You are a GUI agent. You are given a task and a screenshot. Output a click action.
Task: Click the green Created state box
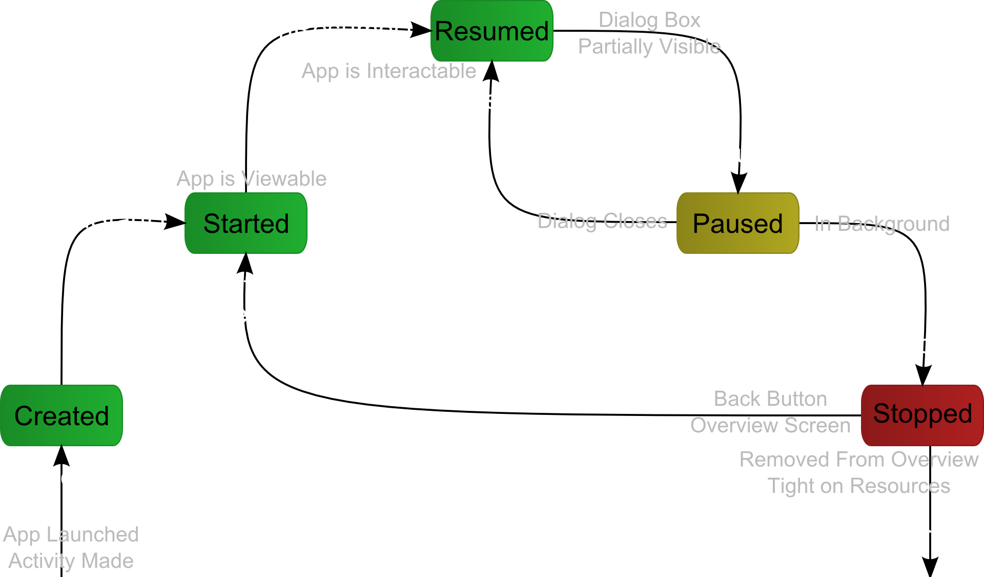(x=61, y=415)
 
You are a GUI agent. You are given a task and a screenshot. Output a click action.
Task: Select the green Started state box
(x=246, y=223)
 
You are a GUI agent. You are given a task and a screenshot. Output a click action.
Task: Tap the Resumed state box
(x=492, y=31)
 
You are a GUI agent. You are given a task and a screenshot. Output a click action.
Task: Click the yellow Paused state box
(x=738, y=223)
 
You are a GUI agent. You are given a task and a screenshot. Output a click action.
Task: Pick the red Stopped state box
(x=922, y=414)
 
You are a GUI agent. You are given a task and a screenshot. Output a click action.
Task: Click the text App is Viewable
(x=251, y=178)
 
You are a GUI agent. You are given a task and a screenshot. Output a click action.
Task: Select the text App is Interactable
(x=388, y=71)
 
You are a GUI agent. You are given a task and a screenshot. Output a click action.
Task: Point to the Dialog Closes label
(x=602, y=221)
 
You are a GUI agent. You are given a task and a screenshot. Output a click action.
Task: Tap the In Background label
(x=882, y=224)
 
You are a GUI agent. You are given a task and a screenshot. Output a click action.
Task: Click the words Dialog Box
(x=649, y=20)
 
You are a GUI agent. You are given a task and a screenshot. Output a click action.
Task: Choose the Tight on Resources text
(x=859, y=486)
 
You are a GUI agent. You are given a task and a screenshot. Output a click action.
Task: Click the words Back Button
(x=770, y=399)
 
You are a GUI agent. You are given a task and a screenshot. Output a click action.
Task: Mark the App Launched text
(x=71, y=534)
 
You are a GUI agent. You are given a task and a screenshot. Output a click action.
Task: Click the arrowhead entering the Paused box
(x=739, y=184)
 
